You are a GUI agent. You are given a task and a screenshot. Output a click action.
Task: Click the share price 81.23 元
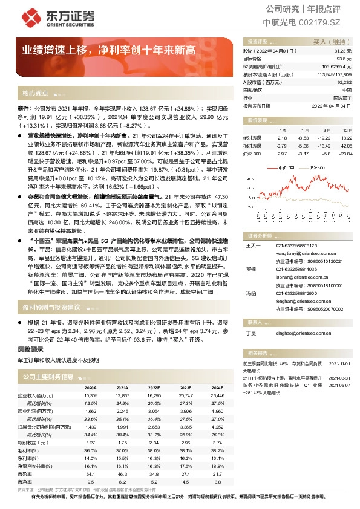(x=342, y=51)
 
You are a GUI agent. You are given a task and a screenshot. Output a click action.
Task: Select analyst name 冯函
(x=251, y=293)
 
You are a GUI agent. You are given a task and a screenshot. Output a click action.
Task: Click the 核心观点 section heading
(x=35, y=94)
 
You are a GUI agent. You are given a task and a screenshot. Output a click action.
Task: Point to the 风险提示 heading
(x=30, y=349)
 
